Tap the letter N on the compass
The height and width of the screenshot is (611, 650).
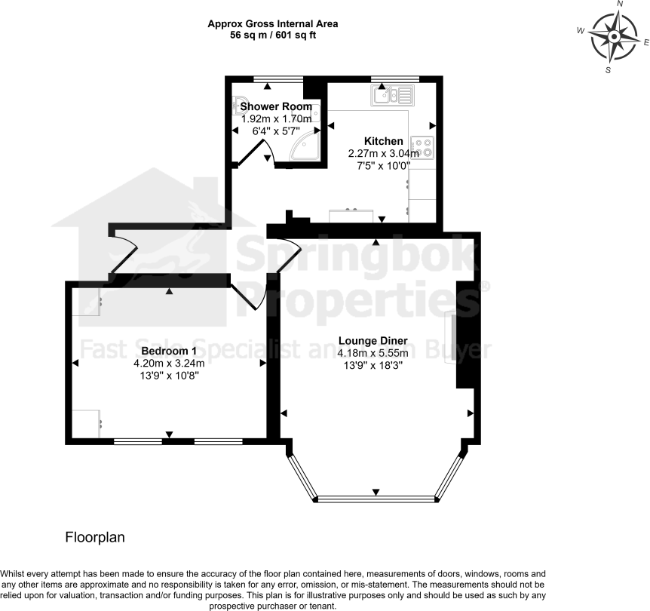pos(620,4)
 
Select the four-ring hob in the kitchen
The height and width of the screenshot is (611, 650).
pos(422,148)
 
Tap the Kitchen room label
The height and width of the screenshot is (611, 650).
pos(384,141)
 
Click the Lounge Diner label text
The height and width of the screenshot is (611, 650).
pos(373,340)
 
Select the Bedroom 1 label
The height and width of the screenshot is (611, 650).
pos(169,351)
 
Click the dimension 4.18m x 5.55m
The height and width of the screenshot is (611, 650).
pos(373,352)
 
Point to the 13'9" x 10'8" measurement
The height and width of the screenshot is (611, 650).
pos(169,375)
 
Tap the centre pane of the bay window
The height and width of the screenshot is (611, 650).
pos(376,499)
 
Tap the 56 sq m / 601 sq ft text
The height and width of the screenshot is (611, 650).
pos(273,35)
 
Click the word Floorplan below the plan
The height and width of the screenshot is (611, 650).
pos(94,538)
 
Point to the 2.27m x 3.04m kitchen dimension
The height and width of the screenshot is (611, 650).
pos(384,153)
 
